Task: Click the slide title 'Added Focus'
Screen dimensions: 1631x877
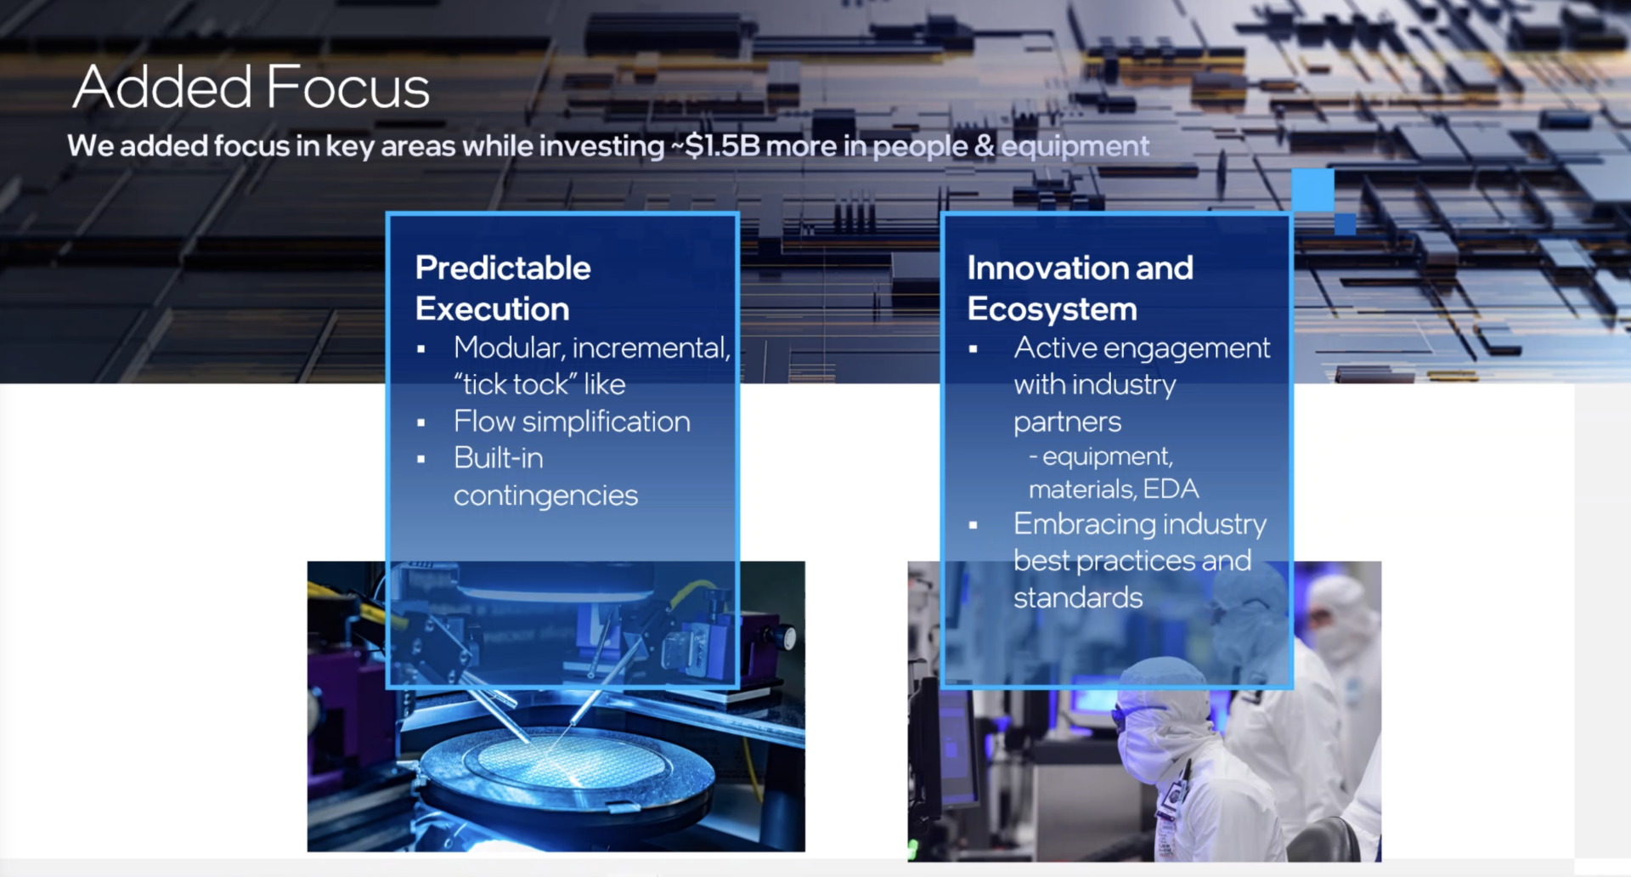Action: (x=251, y=88)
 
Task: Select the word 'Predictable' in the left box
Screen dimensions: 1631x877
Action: (x=503, y=268)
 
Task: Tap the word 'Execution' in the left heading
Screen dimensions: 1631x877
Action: (x=493, y=308)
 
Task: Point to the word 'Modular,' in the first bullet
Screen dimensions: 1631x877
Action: (x=509, y=348)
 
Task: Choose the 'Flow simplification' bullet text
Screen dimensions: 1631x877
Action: (x=572, y=422)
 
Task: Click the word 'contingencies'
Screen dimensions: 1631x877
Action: (x=545, y=495)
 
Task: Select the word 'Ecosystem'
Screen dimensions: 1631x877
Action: (x=1052, y=309)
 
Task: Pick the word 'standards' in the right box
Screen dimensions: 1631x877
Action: (x=1078, y=597)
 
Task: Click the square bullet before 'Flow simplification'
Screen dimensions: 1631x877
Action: (x=421, y=422)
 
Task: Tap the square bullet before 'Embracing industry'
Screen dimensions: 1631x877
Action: (x=974, y=526)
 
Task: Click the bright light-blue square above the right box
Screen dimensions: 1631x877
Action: (x=1312, y=190)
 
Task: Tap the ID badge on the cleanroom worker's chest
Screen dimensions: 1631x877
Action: (x=1173, y=797)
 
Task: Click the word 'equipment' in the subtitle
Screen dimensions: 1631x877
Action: (x=1075, y=147)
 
